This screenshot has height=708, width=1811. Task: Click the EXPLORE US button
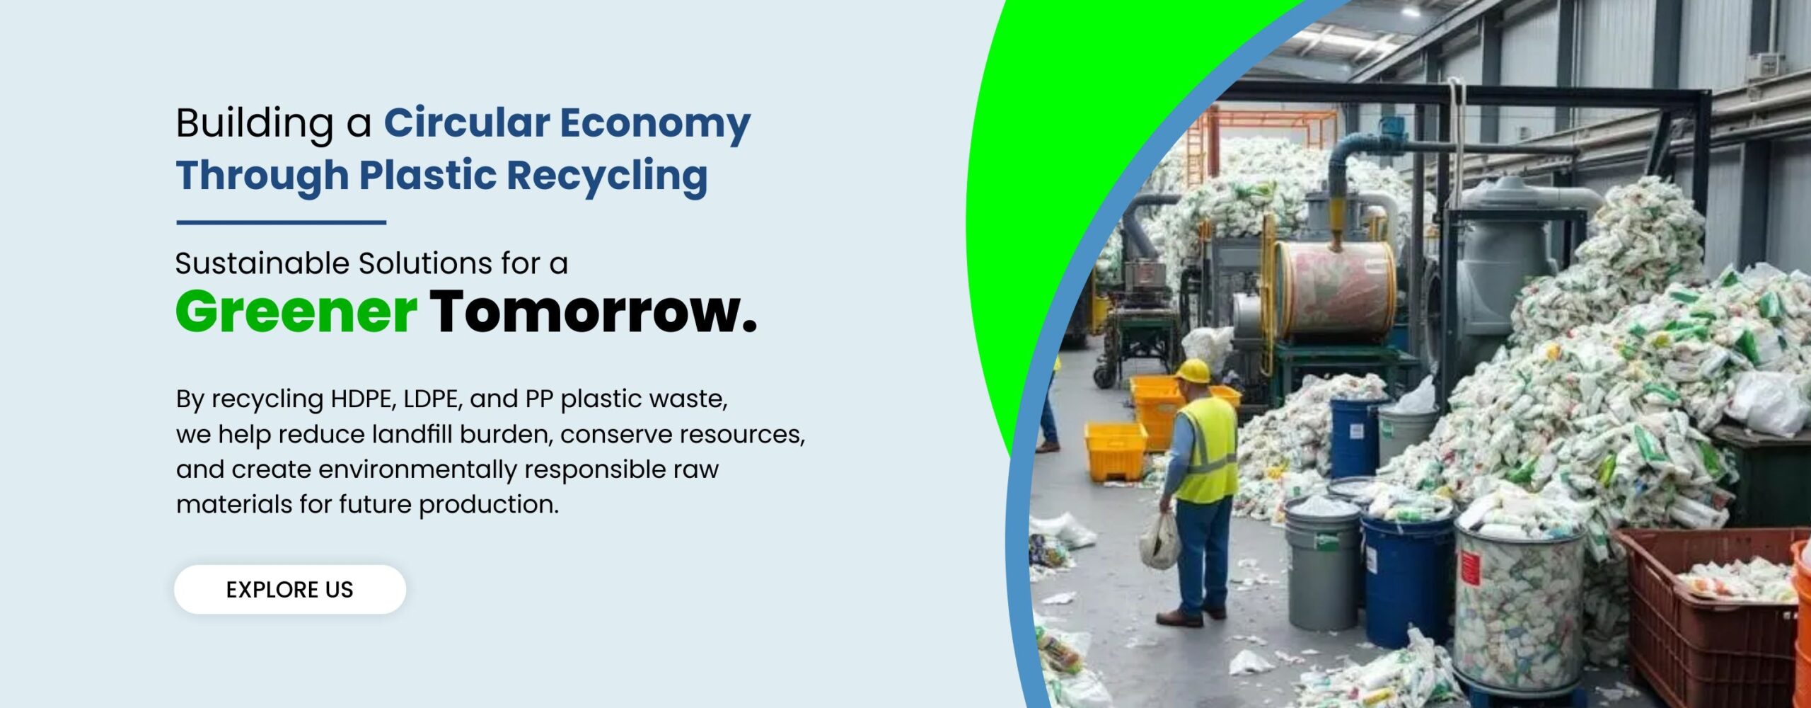(290, 589)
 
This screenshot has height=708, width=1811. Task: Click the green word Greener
(296, 312)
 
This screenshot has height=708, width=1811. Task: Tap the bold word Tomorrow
(594, 312)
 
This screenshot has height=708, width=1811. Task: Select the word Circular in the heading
(467, 123)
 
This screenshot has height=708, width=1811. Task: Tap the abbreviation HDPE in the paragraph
(361, 399)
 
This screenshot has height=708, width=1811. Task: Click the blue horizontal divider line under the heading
(281, 222)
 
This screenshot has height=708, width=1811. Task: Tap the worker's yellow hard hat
(1193, 371)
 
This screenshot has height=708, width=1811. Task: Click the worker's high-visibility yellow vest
(1208, 450)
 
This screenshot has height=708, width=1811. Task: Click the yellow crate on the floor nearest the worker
(1116, 451)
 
